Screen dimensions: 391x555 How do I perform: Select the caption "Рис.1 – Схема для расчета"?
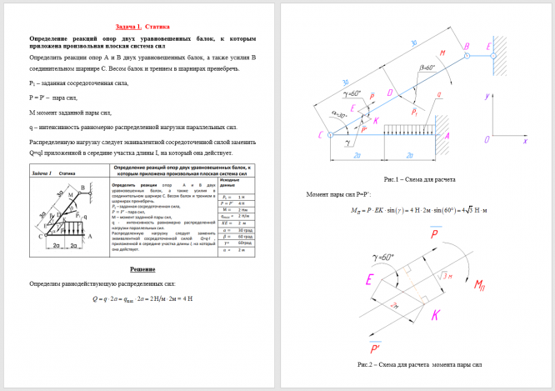[419, 180]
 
